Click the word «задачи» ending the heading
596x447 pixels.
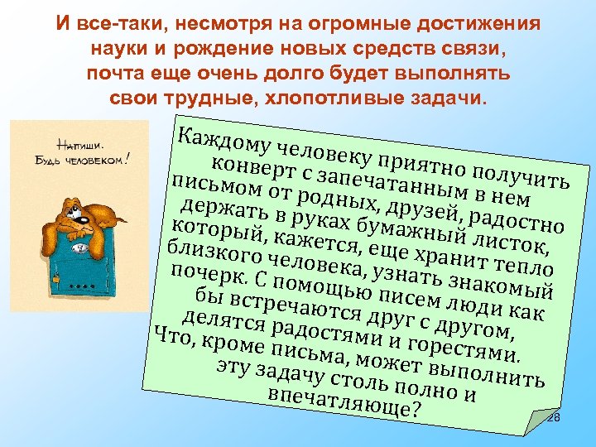tap(454, 99)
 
